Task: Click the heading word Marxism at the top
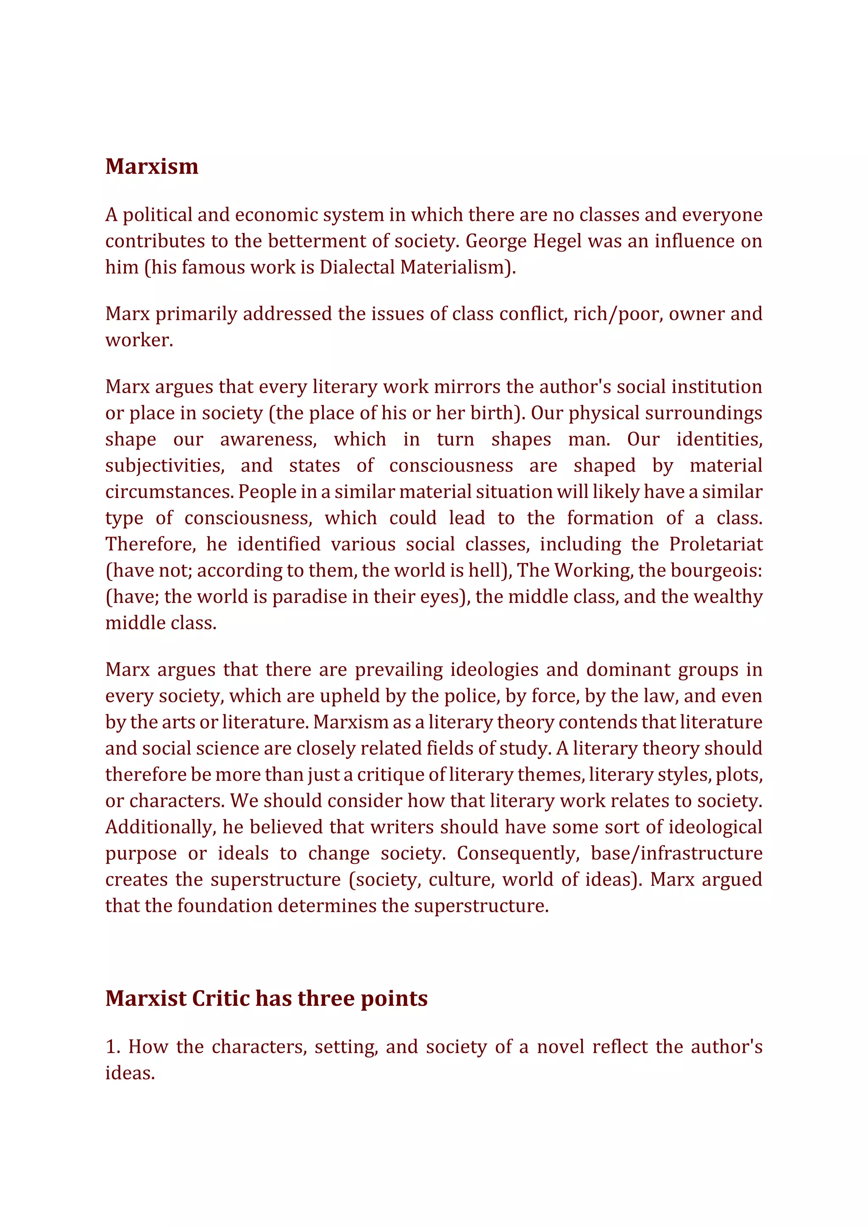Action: click(152, 167)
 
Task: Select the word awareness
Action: click(268, 439)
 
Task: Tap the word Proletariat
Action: click(716, 544)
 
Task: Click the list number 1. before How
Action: click(113, 1047)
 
